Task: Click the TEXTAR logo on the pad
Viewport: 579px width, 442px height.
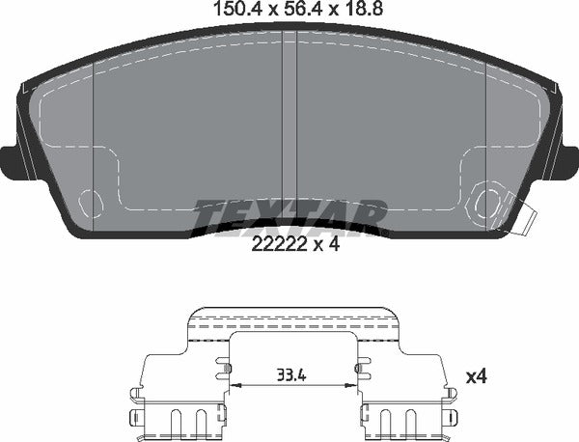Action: point(289,213)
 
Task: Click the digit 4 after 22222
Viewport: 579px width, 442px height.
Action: point(334,244)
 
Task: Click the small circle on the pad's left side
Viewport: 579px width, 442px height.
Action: point(90,203)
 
